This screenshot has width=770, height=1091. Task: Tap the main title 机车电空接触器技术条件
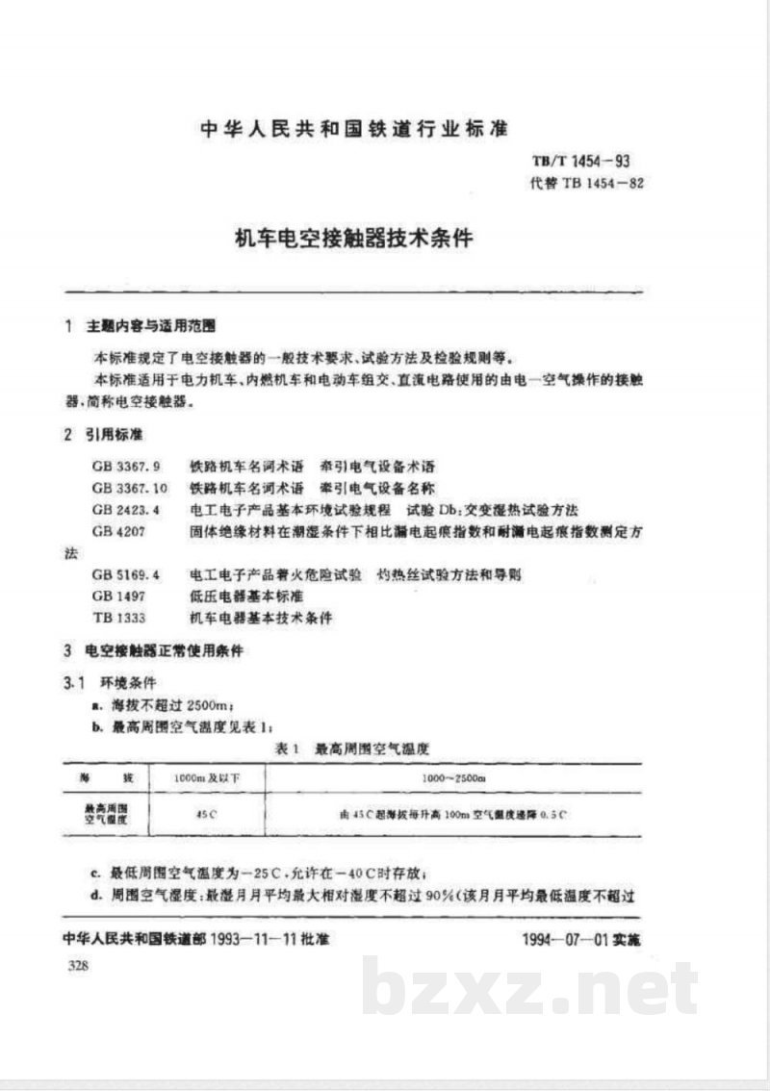click(x=355, y=237)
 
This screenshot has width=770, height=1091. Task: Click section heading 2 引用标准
click(x=102, y=435)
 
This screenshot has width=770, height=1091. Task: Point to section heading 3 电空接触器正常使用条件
click(x=154, y=651)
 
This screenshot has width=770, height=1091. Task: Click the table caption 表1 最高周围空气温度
click(x=350, y=748)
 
